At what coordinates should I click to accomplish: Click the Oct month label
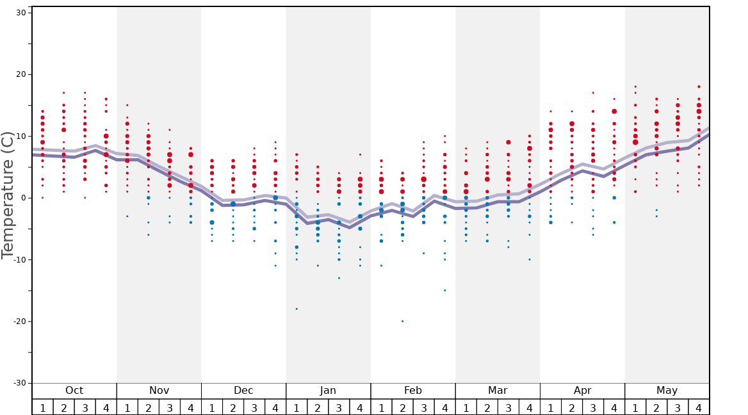74,391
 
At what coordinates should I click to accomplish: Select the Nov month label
159,391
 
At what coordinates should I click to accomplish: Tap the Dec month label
243,391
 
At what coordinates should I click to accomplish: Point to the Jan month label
328,391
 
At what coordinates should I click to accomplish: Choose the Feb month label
413,391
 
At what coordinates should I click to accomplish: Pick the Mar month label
498,391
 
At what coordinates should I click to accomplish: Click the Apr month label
582,391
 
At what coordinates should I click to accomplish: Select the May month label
667,391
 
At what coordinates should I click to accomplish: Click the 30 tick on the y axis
20,13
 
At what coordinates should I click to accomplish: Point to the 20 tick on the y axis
20,74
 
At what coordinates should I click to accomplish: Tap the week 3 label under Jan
339,407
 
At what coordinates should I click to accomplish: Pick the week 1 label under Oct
43,407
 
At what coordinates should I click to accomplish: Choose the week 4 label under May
699,407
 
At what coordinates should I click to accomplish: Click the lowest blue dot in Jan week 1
297,309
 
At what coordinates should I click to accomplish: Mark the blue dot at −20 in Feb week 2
402,321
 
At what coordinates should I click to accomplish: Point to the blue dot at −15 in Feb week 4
444,290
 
